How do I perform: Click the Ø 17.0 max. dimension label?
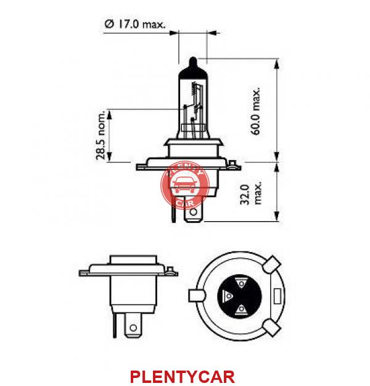pos(135,24)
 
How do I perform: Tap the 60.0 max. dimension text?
pos(255,111)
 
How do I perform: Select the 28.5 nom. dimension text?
pos(101,135)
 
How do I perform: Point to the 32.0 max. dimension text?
pos(251,194)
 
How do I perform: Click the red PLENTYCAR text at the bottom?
pos(182,377)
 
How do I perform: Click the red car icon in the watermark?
pos(184,186)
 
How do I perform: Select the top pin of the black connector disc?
pos(241,283)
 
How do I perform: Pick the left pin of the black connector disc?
pos(228,296)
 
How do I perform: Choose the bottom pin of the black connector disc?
pos(241,309)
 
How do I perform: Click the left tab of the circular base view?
pos(197,296)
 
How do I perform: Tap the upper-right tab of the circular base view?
pos(271,264)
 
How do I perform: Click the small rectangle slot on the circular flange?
pos(277,296)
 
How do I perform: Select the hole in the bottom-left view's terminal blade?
pos(133,328)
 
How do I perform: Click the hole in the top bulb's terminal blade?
pos(194,212)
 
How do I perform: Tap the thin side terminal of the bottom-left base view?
pos(114,325)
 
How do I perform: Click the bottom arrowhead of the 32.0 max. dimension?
pos(277,216)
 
